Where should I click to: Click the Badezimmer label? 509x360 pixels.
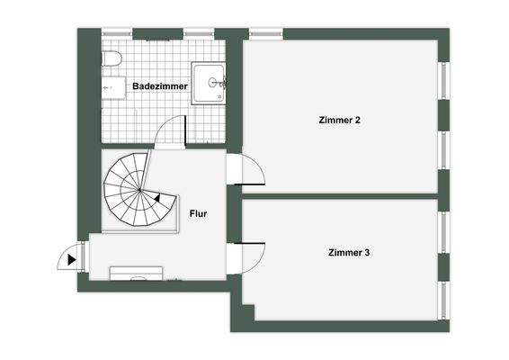(x=159, y=85)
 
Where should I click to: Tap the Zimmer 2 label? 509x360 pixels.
(x=340, y=119)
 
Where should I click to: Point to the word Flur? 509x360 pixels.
(x=199, y=214)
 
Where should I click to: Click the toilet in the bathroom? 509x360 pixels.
(x=111, y=59)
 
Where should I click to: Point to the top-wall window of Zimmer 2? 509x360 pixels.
(x=265, y=34)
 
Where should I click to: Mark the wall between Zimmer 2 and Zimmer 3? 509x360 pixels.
(x=342, y=195)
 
